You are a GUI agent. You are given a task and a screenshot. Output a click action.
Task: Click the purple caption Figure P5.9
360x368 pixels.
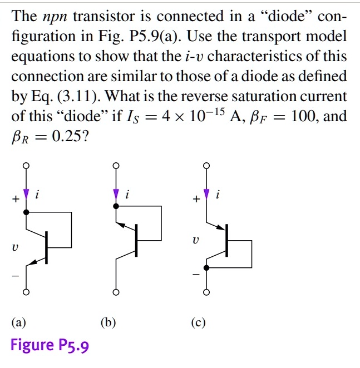tap(50, 345)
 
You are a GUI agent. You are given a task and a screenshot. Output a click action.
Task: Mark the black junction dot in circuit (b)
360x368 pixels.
tap(116, 206)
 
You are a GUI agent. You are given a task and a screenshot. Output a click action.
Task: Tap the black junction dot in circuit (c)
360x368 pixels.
tap(206, 268)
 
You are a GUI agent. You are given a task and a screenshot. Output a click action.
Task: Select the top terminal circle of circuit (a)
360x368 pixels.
tap(26, 166)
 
